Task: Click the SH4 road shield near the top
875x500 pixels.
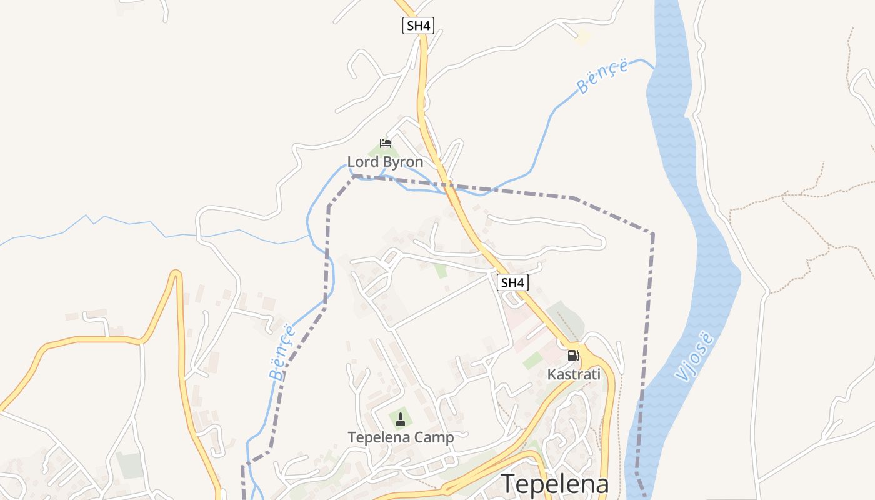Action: tap(417, 26)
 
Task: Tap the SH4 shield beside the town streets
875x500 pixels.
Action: tap(512, 282)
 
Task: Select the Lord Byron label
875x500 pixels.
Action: tap(385, 162)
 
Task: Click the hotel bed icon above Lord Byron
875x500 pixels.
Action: tap(386, 143)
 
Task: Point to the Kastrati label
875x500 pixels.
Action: tap(574, 374)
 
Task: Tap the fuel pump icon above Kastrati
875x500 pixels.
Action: tap(572, 356)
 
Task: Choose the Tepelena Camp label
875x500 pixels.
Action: tap(401, 437)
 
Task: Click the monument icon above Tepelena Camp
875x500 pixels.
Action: tap(401, 418)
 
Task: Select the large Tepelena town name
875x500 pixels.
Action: tap(555, 484)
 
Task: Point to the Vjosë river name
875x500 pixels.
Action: tap(695, 356)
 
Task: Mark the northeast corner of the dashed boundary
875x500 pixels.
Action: tap(652, 234)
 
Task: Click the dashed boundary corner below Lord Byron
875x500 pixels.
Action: tap(354, 176)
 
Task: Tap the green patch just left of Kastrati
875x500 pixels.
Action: tap(533, 360)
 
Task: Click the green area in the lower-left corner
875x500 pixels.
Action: tap(130, 465)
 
